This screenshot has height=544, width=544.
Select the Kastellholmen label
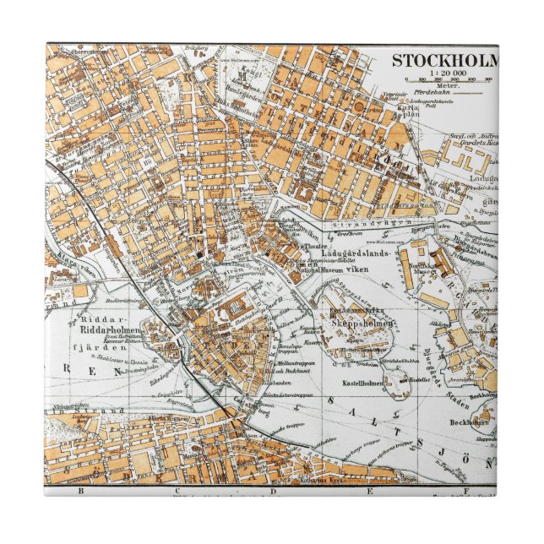[362, 383]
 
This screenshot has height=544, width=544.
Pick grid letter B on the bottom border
[82, 490]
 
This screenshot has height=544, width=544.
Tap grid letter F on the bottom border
[465, 490]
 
